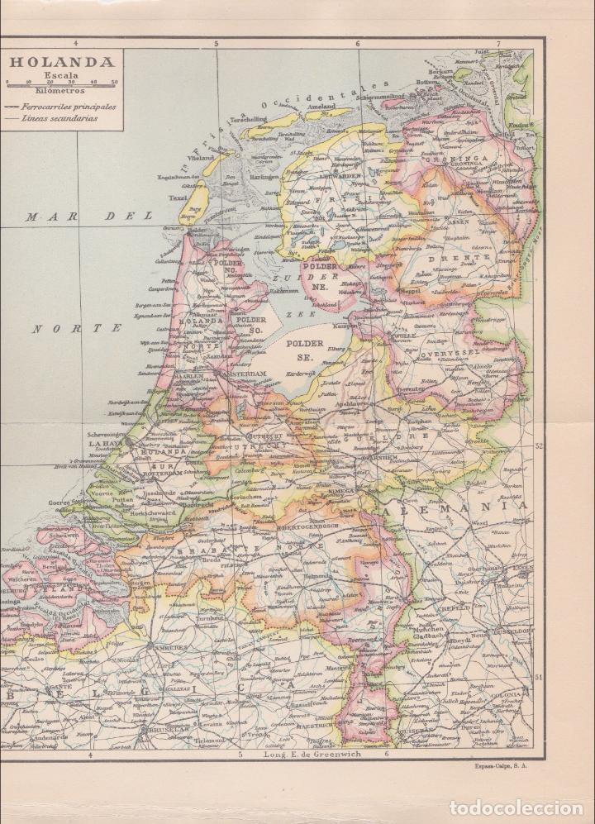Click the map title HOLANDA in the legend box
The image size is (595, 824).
pos(62,62)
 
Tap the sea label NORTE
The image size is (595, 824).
pos(78,328)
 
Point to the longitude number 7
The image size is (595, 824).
pos(498,43)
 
